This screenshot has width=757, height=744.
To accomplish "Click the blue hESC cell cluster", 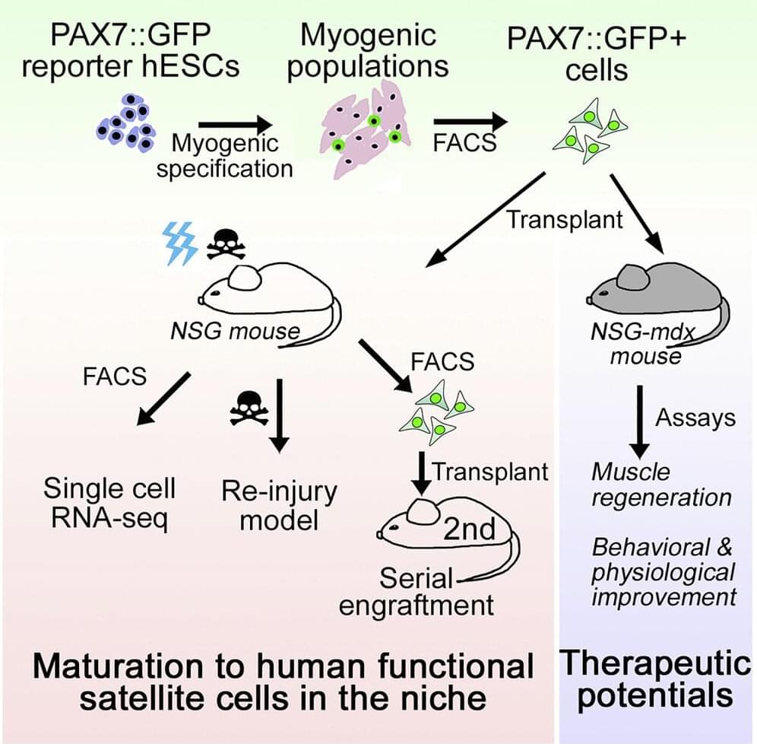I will pos(126,123).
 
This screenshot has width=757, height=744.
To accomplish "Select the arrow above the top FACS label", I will pos(471,121).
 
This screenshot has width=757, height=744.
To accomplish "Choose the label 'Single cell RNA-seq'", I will pos(109,502).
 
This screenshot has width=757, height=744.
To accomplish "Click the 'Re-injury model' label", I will pos(279,505).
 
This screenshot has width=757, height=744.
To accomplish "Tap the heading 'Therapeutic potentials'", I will pos(654,679).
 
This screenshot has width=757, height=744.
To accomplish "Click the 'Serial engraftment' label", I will pos(416,591).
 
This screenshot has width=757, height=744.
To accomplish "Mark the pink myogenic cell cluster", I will pos(366,131).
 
